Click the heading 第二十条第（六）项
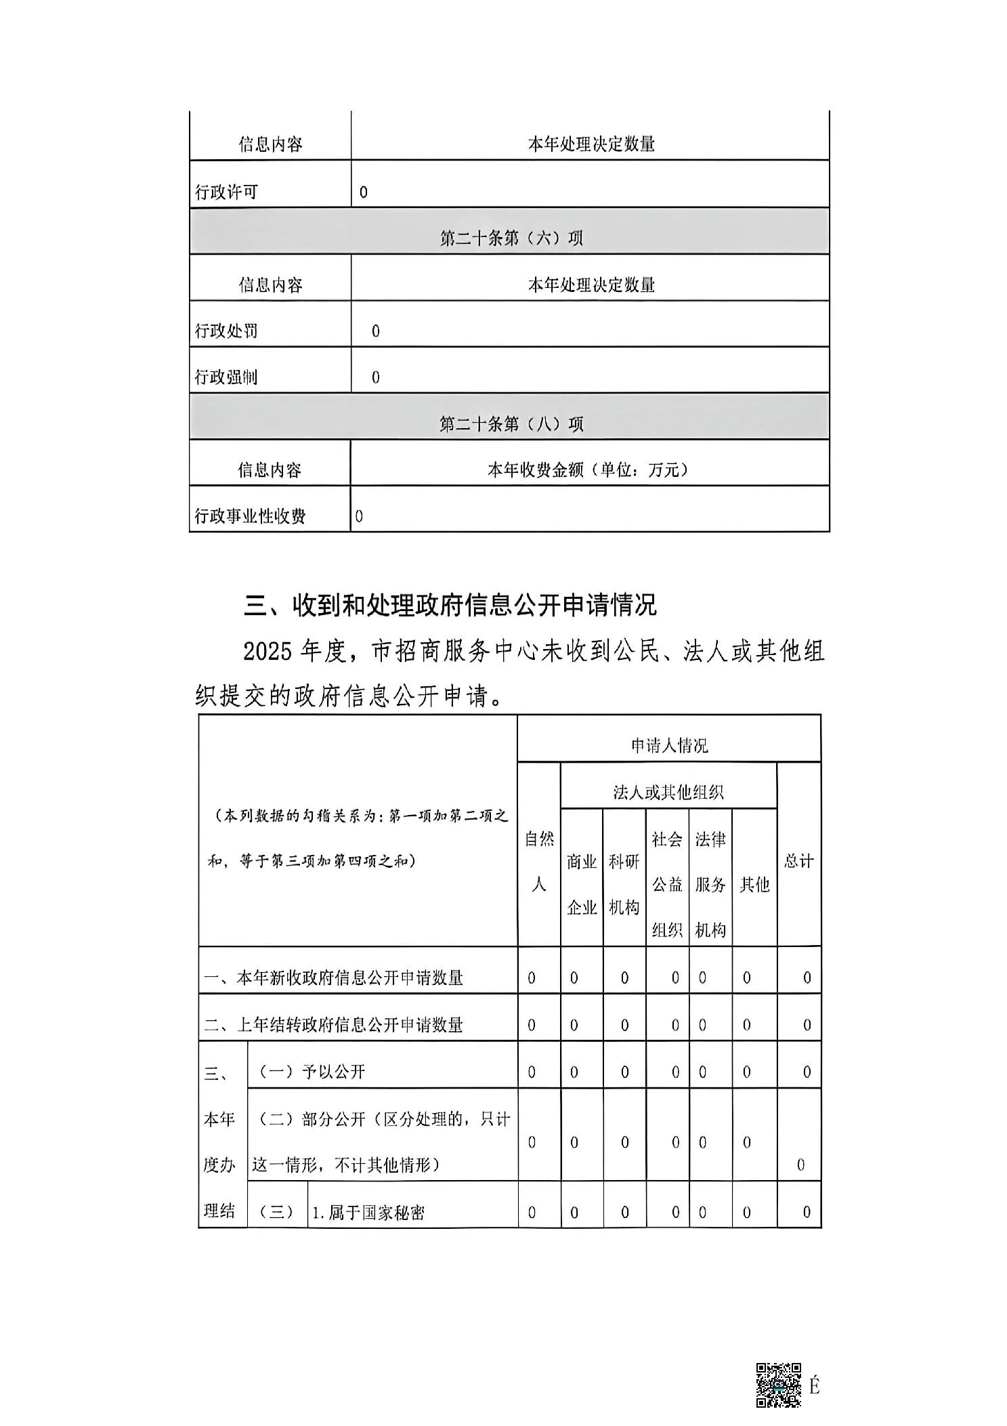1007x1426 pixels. (511, 238)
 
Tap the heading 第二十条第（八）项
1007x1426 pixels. (511, 424)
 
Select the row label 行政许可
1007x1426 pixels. (226, 192)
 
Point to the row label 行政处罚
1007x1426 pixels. (226, 331)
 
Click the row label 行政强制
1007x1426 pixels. (226, 377)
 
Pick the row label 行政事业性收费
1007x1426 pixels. (250, 516)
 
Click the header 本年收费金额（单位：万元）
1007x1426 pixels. (587, 470)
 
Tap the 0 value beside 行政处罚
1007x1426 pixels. (376, 331)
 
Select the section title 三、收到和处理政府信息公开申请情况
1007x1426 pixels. (450, 605)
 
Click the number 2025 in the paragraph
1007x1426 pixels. (268, 652)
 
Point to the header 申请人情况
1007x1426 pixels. (669, 746)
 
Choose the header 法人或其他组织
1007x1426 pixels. (668, 792)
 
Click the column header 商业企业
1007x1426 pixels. (582, 884)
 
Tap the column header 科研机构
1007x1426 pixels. (624, 884)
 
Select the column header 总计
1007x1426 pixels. (799, 861)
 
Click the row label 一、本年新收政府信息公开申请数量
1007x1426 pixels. (333, 978)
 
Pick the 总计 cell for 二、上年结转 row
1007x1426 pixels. (807, 1025)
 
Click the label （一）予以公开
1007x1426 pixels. (312, 1072)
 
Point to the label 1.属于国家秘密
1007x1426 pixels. (368, 1212)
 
